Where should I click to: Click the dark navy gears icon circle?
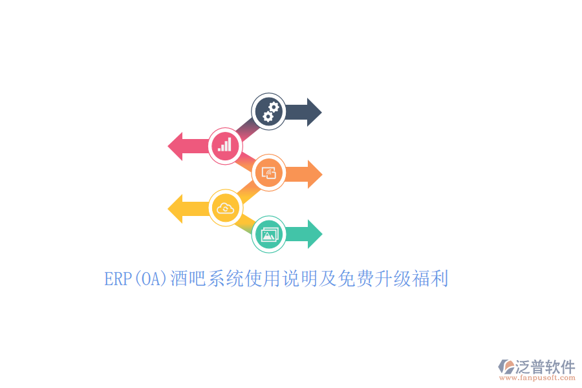point(269,111)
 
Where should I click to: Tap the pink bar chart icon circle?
point(225,146)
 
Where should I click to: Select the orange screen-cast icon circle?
point(269,173)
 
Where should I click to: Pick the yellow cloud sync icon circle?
point(225,208)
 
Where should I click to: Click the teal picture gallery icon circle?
point(269,234)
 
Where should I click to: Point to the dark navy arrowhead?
point(314,112)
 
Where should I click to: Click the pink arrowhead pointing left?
point(175,146)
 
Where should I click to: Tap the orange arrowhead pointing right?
point(315,174)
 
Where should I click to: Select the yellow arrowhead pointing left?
point(175,209)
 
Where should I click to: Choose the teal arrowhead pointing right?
point(315,234)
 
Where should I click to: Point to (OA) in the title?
point(150,279)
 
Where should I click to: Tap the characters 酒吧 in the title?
point(188,279)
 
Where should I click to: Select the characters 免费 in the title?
point(355,279)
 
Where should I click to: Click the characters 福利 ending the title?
point(430,279)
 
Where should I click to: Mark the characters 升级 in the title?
point(393,279)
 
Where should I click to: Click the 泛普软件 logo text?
point(545,367)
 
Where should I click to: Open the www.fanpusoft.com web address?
point(537,378)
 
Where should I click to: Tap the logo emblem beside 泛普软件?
point(506,367)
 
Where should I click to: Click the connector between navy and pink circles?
point(247,129)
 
